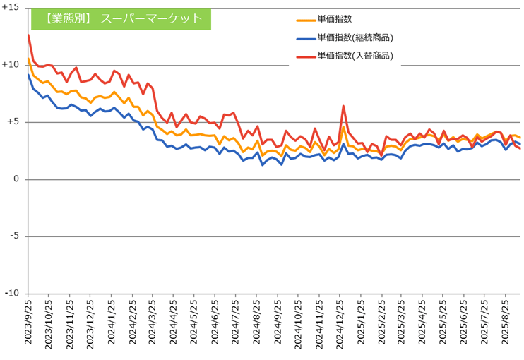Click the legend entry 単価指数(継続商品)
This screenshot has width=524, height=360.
pos(355,38)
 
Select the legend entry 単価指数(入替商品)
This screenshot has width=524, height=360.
pos(355,56)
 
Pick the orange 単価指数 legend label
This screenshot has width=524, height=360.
pos(336,21)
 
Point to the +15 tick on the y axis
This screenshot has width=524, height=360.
pos(11,6)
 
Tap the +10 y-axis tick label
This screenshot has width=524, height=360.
pos(11,64)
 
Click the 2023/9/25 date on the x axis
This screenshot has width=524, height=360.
pos(28,326)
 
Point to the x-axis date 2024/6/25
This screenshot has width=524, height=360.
pos(215,326)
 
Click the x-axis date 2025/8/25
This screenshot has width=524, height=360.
pos(506,326)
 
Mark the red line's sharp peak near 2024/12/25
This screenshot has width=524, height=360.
pos(343,106)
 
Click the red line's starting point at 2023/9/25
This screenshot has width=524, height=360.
pos(28,34)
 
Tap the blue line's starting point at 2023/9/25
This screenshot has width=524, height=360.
pos(28,74)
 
